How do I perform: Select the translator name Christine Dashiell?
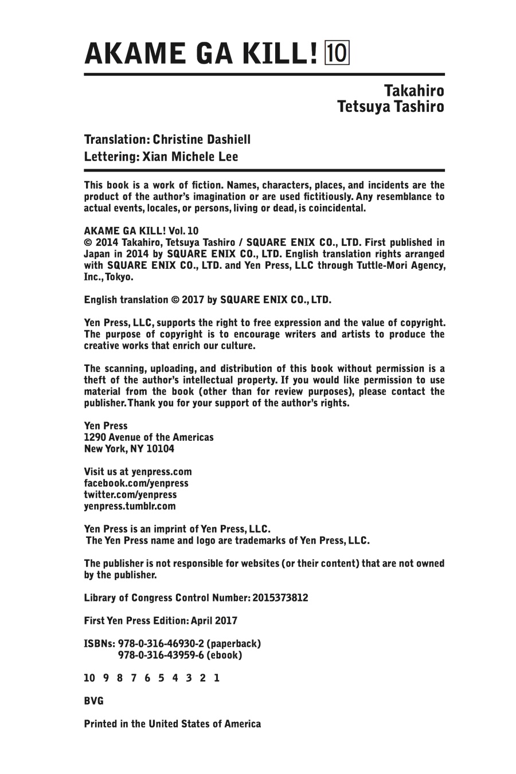202,139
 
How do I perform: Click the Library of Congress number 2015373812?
280,598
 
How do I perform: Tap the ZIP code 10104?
161,449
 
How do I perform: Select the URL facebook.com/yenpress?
136,483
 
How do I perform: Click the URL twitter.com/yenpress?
130,495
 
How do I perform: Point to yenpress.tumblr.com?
130,506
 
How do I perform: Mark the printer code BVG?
93,701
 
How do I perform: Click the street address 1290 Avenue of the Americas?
148,437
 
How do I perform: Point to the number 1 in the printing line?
217,678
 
